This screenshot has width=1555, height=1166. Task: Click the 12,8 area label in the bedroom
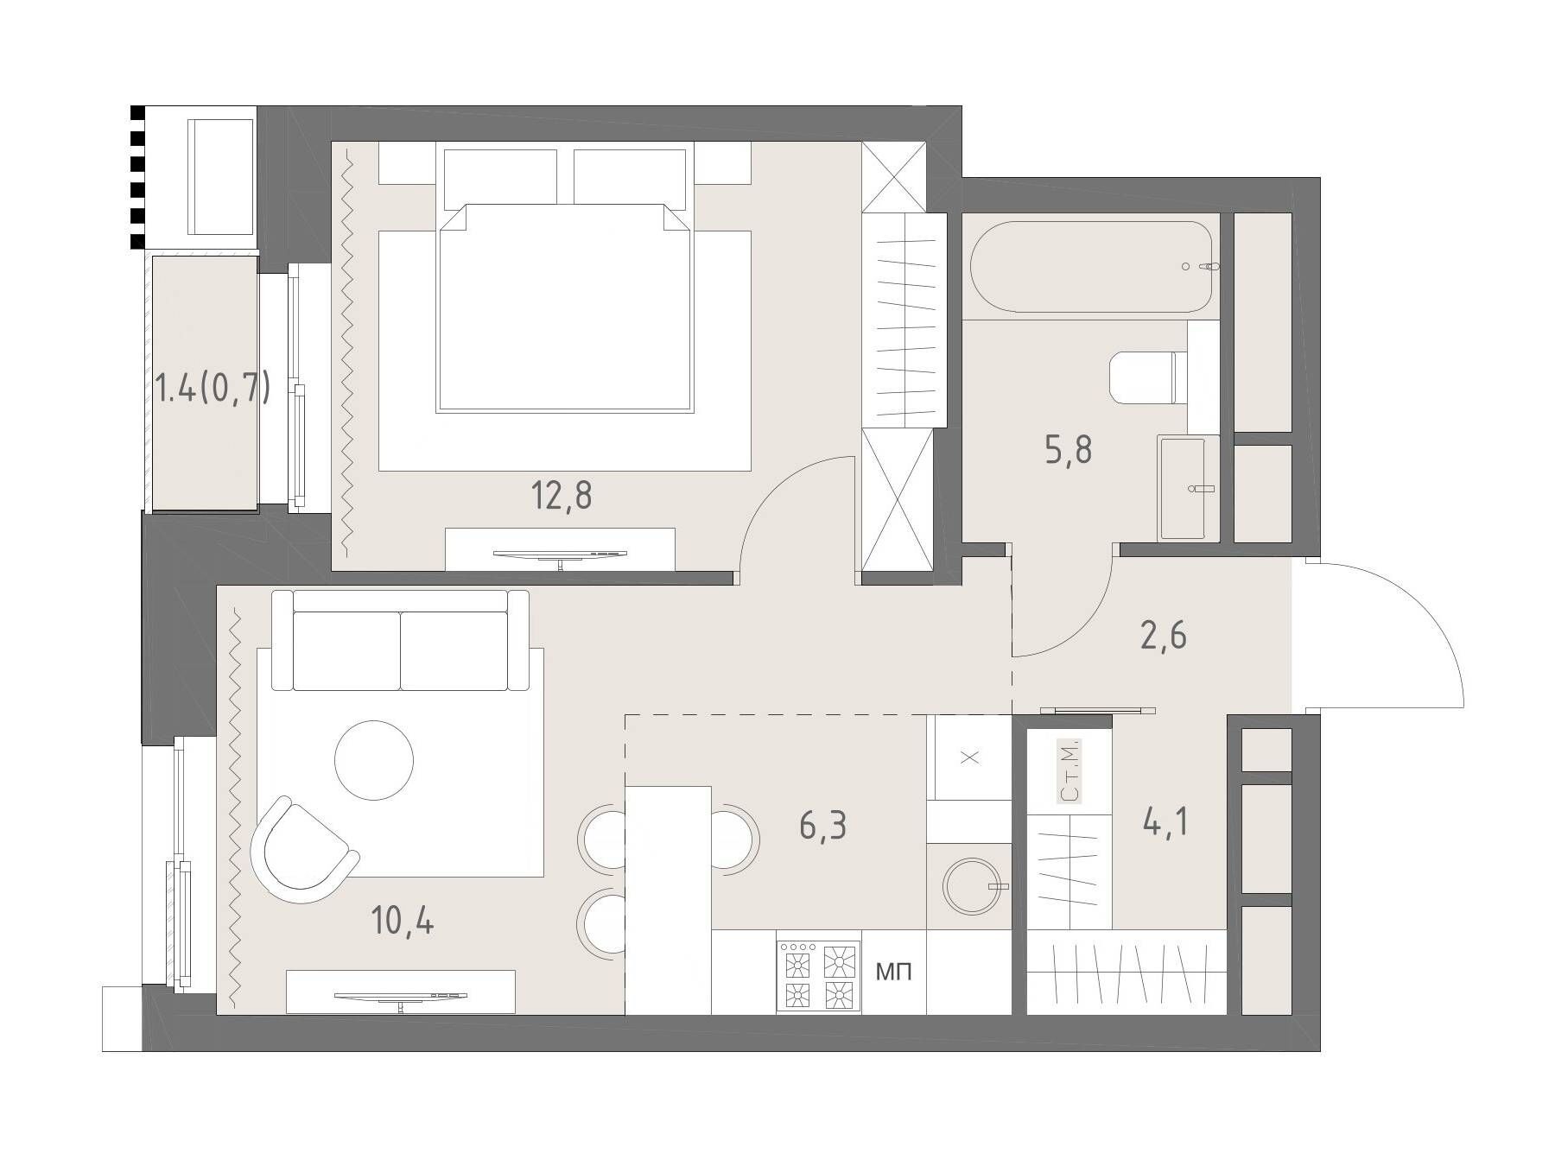562,496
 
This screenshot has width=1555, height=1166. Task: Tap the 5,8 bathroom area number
1069,450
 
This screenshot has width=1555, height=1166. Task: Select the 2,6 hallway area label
1163,636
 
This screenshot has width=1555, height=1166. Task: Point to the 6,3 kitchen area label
823,826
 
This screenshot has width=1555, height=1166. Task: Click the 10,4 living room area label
403,922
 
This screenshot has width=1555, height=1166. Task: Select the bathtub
1095,267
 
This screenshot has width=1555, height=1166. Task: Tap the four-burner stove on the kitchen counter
819,975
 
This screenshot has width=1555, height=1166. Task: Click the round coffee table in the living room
374,760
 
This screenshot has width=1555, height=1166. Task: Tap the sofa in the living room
400,640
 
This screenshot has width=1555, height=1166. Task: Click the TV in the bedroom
560,555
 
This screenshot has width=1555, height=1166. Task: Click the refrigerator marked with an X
969,757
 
